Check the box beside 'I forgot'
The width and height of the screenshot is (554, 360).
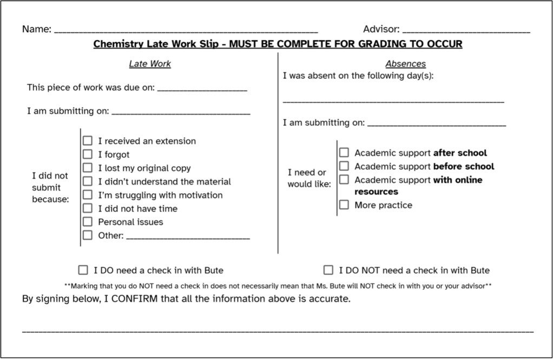[88, 154]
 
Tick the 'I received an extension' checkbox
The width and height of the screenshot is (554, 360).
[88, 141]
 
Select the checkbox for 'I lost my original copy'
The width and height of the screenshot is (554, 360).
[88, 168]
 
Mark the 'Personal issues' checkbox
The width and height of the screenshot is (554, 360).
[88, 222]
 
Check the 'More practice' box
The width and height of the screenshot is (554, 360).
[344, 205]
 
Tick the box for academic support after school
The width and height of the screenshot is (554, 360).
[344, 153]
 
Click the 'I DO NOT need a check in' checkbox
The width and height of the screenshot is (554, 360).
[328, 270]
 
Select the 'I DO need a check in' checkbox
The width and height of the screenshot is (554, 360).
[83, 270]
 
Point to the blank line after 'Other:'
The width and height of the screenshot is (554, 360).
[188, 237]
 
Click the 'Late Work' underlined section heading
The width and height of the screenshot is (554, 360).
[150, 64]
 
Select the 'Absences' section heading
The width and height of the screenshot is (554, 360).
[405, 64]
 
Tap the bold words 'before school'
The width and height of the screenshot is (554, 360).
[464, 166]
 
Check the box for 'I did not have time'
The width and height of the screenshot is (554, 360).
[88, 208]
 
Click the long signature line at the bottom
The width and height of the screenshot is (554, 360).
[278, 330]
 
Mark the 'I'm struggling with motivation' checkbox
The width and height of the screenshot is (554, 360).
[88, 195]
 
